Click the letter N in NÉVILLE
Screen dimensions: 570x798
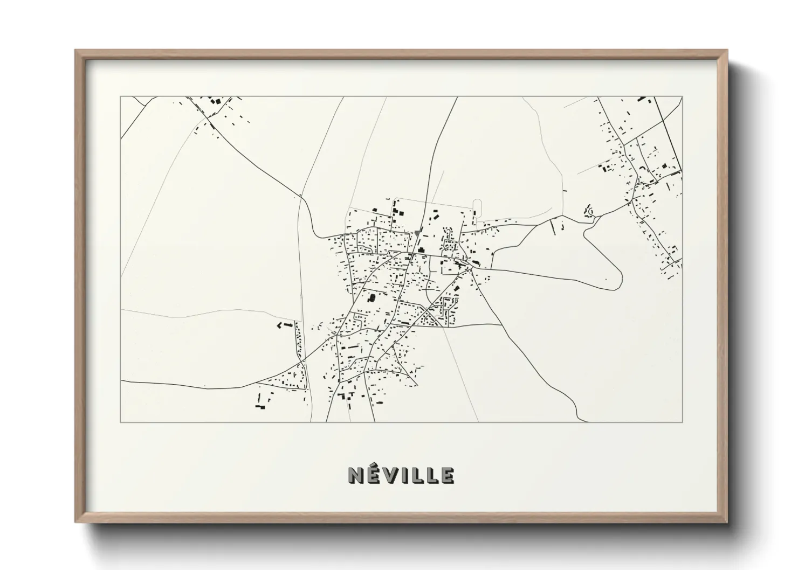357,475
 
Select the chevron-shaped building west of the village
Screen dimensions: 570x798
280,325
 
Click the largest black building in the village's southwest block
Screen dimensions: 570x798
371,297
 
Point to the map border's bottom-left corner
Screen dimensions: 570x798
121,422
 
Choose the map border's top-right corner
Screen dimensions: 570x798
682,97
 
